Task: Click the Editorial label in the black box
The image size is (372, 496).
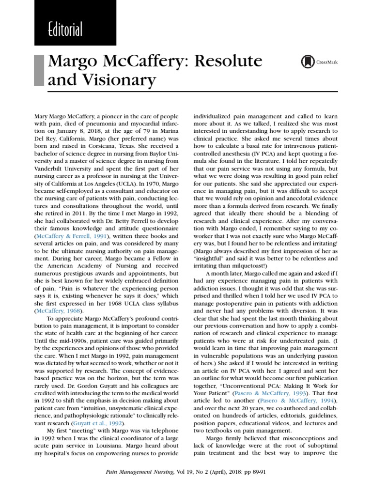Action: click(x=65, y=30)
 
